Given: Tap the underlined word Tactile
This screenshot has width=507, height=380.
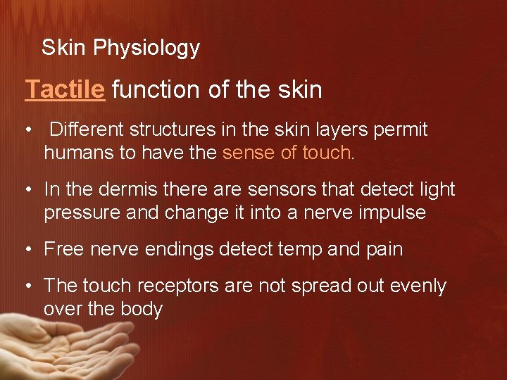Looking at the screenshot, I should pos(65,90).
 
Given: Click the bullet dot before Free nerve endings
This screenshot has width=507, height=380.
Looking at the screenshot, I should pos(29,249).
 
